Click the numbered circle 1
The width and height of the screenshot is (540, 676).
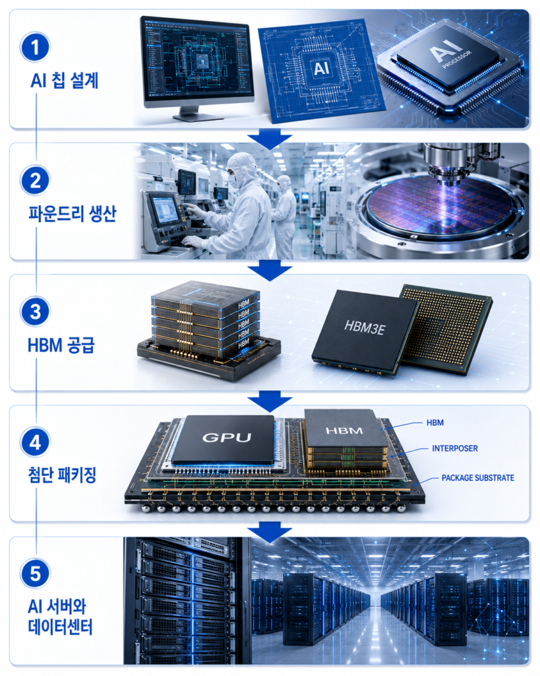tap(36, 48)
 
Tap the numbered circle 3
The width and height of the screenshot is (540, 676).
tap(36, 312)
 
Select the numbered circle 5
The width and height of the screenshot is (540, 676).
tap(36, 574)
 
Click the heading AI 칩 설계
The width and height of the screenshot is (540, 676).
tap(65, 81)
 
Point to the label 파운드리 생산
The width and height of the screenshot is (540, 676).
tap(73, 213)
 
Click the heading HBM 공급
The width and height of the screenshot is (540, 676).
tap(61, 345)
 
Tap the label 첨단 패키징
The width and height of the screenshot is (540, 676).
tap(62, 475)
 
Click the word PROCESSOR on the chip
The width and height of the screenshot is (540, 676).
tap(457, 59)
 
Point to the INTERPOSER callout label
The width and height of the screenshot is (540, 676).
tap(455, 448)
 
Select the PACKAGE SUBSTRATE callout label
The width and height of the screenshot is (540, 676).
tap(478, 478)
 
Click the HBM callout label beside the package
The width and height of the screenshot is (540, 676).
tap(435, 422)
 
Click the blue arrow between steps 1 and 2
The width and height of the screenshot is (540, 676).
tap(270, 139)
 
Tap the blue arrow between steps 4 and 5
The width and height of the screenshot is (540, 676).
tap(270, 532)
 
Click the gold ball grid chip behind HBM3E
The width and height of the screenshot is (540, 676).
tap(446, 327)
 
